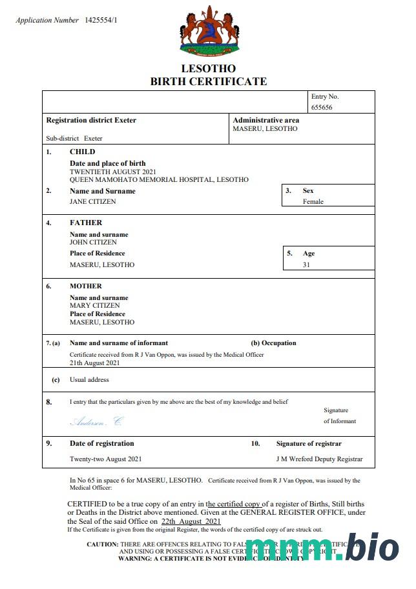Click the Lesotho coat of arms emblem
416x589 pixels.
point(208,30)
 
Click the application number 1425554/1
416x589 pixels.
point(101,21)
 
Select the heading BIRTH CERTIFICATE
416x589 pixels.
point(208,81)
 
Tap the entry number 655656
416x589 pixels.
point(322,108)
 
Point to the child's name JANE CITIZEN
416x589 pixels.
point(93,201)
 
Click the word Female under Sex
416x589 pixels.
point(313,201)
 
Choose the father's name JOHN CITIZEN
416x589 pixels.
point(94,242)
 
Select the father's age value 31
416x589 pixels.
point(306,265)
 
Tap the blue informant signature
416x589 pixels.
point(96,422)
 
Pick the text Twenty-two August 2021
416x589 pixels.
point(105,459)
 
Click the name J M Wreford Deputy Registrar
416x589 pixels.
point(319,459)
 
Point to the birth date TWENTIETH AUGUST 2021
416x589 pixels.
point(112,172)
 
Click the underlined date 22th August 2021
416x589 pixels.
point(191,521)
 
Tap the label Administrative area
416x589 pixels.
point(265,120)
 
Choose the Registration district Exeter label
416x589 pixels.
point(91,120)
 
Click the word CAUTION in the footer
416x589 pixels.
point(103,544)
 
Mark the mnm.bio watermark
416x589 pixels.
point(322,548)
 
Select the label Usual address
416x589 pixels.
point(89,380)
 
